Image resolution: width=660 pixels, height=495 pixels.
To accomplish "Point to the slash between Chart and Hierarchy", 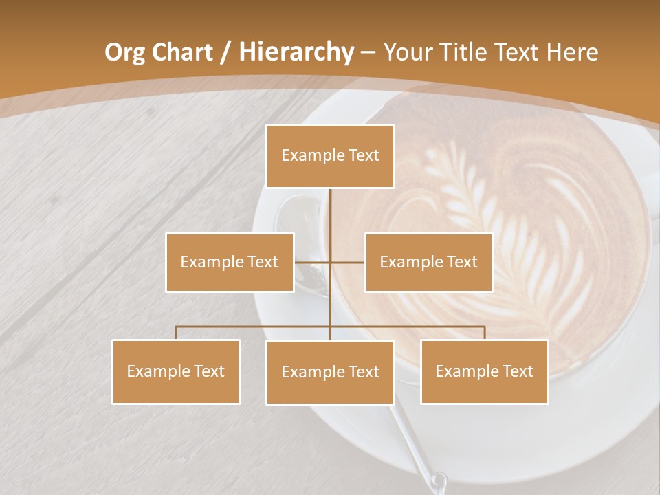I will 226,52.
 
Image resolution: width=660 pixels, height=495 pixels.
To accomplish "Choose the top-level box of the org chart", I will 330,156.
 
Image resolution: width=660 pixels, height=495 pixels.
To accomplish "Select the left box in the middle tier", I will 230,262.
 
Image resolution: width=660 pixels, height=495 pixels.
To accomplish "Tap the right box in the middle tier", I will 428,262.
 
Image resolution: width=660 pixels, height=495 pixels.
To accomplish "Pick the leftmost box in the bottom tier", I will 176,371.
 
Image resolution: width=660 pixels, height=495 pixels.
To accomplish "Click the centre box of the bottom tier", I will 330,372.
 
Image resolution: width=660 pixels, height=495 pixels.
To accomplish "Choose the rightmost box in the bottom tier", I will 484,371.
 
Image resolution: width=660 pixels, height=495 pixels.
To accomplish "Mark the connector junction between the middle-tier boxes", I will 330,262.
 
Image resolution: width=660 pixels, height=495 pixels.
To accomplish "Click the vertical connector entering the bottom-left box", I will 176,333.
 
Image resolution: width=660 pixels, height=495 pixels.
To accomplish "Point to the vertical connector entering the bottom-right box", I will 485,333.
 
